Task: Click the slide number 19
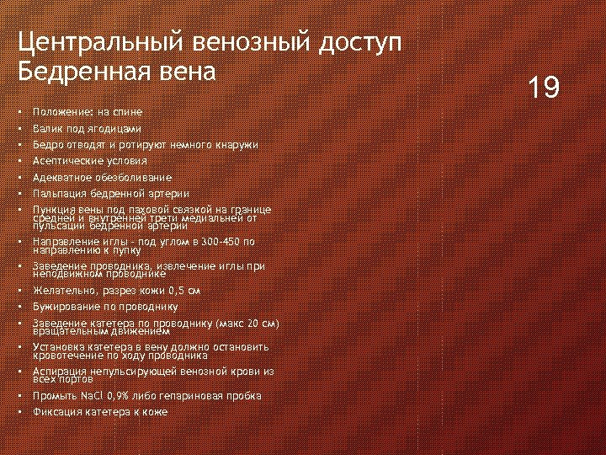point(544,87)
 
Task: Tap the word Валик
point(46,129)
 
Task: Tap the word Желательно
point(62,291)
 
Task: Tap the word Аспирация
point(59,371)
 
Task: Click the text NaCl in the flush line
point(91,396)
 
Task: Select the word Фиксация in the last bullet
point(56,412)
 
